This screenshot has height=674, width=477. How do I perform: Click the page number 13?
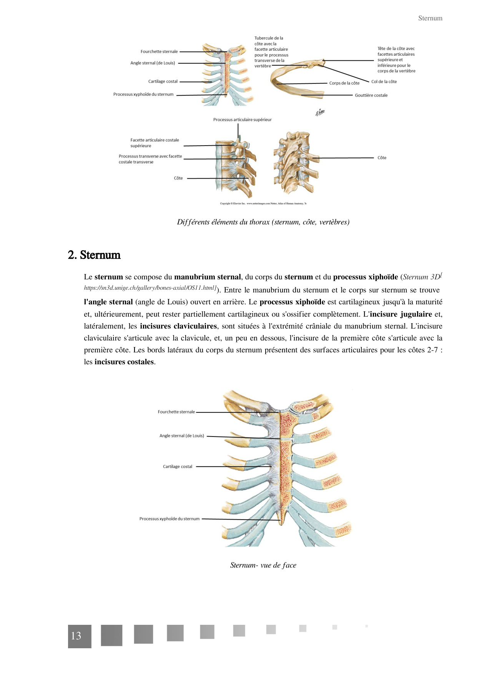pyautogui.click(x=76, y=636)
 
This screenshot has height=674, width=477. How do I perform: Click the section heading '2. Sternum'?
pyautogui.click(x=94, y=255)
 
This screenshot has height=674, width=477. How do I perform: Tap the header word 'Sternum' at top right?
pyautogui.click(x=430, y=18)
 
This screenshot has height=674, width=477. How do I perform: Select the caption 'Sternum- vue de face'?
pyautogui.click(x=263, y=565)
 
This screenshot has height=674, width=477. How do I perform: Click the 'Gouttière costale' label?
pyautogui.click(x=371, y=95)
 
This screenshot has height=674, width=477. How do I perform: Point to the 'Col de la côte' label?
pyautogui.click(x=384, y=81)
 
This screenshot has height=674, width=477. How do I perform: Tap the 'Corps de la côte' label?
pyautogui.click(x=344, y=83)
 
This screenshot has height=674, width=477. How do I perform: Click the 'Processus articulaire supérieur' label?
pyautogui.click(x=242, y=120)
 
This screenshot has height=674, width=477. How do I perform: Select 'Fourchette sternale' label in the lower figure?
pyautogui.click(x=176, y=412)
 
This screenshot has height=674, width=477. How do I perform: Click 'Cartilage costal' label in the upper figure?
pyautogui.click(x=163, y=81)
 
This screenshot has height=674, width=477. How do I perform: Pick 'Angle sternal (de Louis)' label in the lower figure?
pyautogui.click(x=181, y=436)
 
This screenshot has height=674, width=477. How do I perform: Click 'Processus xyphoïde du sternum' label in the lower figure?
pyautogui.click(x=169, y=519)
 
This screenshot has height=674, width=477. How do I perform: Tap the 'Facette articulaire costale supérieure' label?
pyautogui.click(x=155, y=143)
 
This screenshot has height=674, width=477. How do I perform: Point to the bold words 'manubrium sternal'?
pyautogui.click(x=207, y=277)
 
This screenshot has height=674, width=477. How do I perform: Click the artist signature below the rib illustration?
pyautogui.click(x=320, y=112)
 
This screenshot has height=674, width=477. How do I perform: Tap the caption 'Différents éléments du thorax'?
pyautogui.click(x=263, y=222)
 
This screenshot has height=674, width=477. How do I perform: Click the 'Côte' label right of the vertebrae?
pyautogui.click(x=382, y=158)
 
